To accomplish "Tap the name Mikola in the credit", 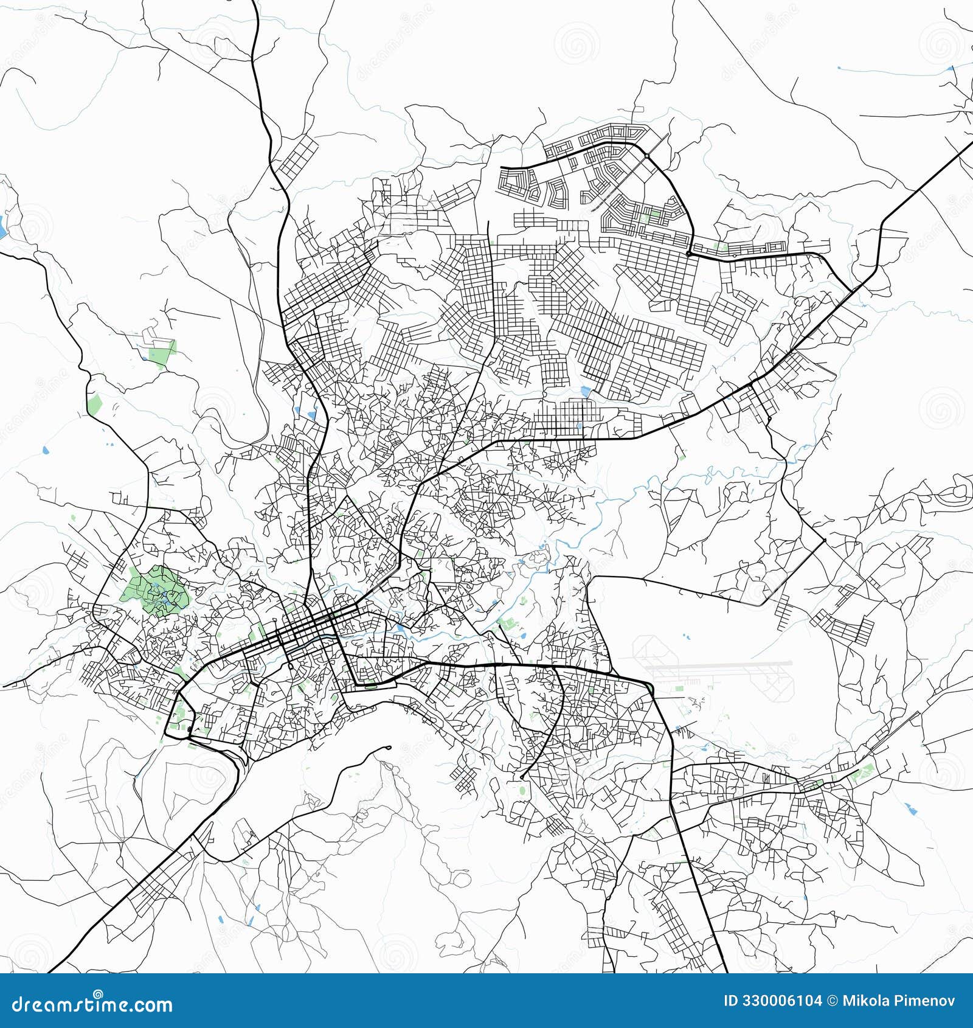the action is tap(864, 1001).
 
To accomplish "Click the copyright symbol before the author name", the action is tap(832, 1001).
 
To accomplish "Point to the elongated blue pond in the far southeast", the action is tap(910, 808).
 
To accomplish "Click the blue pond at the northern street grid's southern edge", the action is tap(586, 391).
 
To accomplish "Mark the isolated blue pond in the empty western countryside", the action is tap(46, 451).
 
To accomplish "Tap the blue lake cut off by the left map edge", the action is tap(3, 227).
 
